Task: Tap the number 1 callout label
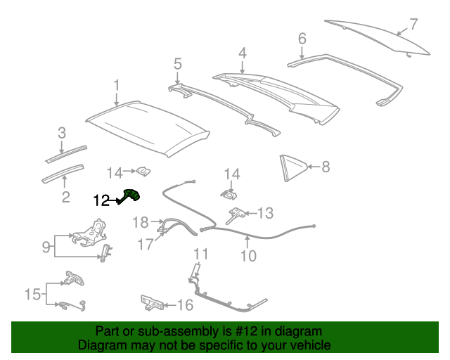click(117, 86)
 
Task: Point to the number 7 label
click(414, 24)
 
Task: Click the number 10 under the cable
click(248, 257)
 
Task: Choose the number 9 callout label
click(45, 246)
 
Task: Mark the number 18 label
click(141, 222)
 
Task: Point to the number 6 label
click(302, 38)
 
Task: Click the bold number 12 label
click(101, 200)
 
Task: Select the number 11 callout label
click(201, 254)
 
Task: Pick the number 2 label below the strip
click(65, 197)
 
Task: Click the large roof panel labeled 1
click(148, 127)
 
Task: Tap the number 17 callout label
click(144, 245)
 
